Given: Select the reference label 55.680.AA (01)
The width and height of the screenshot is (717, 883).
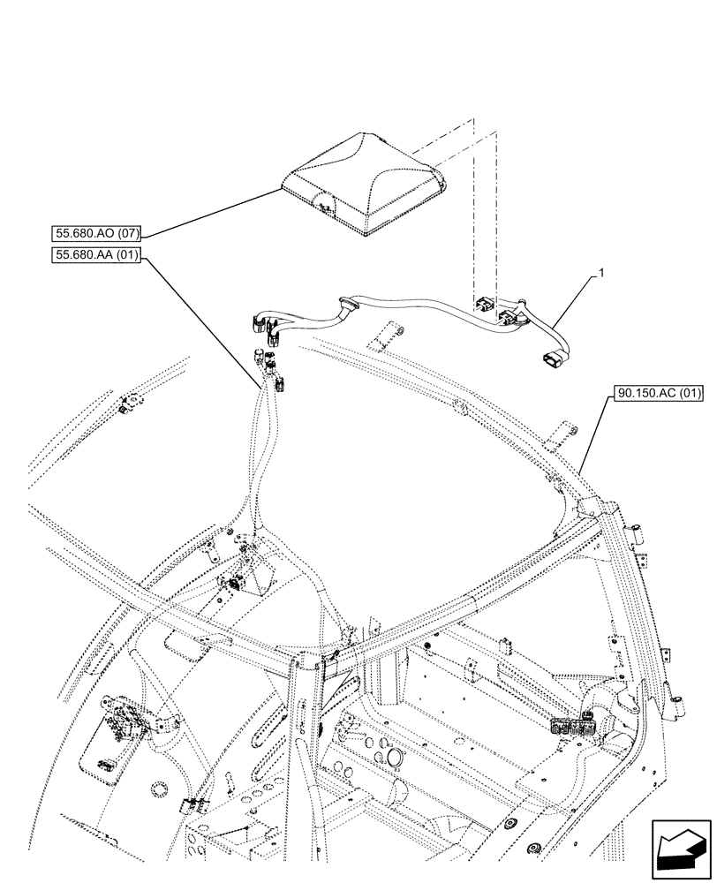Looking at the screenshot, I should (92, 256).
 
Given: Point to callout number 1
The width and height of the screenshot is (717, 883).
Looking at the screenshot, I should (602, 275).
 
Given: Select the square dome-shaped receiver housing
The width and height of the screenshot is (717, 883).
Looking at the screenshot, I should (364, 181).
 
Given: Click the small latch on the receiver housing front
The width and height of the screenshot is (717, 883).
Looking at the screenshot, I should (323, 205).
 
